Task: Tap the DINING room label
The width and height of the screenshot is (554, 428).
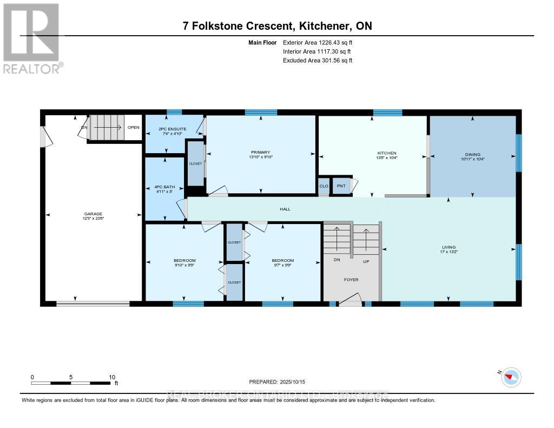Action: (471, 154)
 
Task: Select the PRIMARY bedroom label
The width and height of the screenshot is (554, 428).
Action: (260, 153)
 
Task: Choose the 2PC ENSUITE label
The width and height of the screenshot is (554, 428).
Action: (173, 128)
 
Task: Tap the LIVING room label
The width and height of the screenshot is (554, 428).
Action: (449, 247)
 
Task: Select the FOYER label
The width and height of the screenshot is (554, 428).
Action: (351, 279)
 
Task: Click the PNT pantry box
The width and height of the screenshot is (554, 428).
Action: (341, 186)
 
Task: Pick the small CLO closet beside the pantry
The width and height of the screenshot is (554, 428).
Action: (324, 186)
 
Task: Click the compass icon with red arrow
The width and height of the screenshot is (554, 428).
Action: (511, 377)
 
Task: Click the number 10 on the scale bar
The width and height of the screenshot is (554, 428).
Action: (111, 377)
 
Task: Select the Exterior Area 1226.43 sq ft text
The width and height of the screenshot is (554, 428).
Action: (318, 42)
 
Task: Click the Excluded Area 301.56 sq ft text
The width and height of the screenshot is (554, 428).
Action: (318, 61)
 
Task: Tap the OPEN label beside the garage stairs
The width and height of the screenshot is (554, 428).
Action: (133, 128)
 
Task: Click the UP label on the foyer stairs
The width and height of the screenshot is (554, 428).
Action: (365, 261)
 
